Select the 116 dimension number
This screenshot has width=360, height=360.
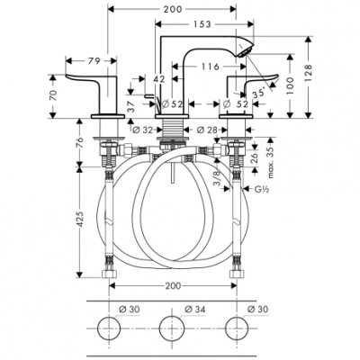pyautogui.click(x=211, y=67)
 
